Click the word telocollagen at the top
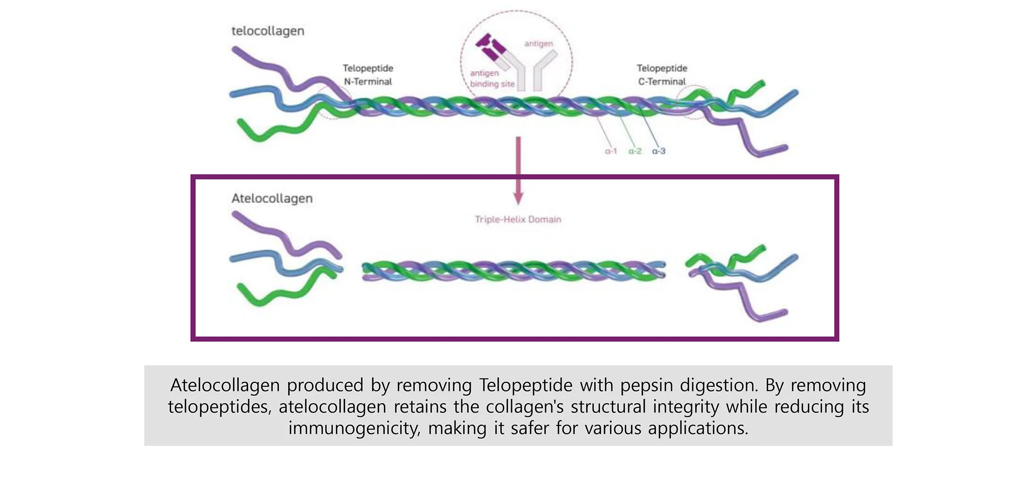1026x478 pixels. click(x=268, y=31)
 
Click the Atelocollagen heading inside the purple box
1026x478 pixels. click(x=272, y=198)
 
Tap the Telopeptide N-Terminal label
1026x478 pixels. click(x=368, y=75)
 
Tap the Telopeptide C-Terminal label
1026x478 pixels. click(x=662, y=75)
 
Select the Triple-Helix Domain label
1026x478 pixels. click(x=518, y=219)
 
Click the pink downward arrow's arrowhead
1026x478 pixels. click(x=518, y=198)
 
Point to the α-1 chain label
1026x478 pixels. click(x=611, y=151)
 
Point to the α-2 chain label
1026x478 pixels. click(x=635, y=151)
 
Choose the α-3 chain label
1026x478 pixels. click(x=659, y=151)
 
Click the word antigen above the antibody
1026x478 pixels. click(x=539, y=44)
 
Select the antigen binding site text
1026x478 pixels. click(x=492, y=78)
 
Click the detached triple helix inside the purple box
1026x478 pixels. click(x=514, y=271)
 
